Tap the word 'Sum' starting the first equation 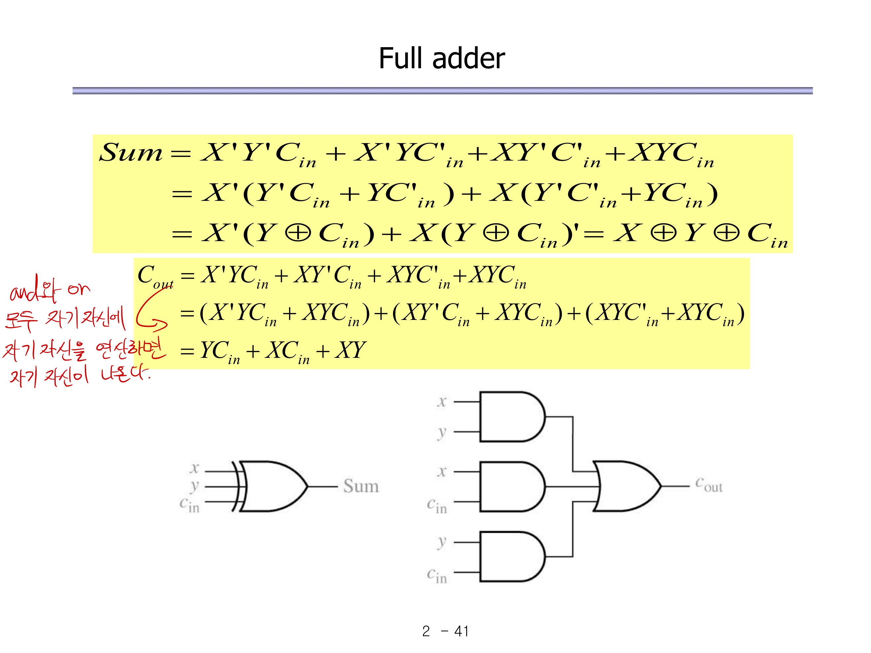(130, 153)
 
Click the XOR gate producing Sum (272, 486)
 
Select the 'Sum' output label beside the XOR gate (361, 486)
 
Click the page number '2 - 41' (445, 631)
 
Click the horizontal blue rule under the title (442, 91)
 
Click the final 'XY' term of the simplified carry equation (350, 350)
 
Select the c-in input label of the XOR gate (189, 505)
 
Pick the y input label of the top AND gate (442, 432)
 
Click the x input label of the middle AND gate (442, 471)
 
